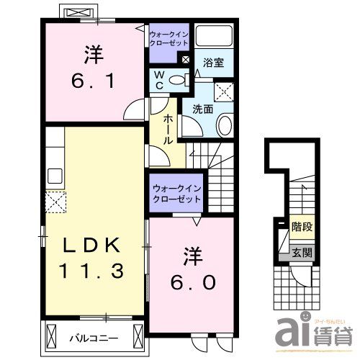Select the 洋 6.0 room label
pyautogui.click(x=191, y=269)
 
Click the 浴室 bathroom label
pyautogui.click(x=212, y=63)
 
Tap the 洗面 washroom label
pyautogui.click(x=202, y=109)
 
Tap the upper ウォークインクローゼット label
pyautogui.click(x=169, y=38)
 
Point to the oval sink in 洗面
pyautogui.click(x=224, y=127)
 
